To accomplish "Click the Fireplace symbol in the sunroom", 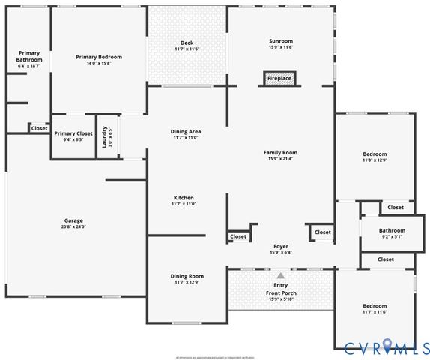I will click(x=280, y=77).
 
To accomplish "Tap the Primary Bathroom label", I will click(x=30, y=56).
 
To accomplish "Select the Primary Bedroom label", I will click(x=99, y=57).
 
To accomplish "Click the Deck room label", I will click(x=187, y=43).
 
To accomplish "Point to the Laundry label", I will click(x=105, y=136).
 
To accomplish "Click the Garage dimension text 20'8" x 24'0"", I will click(x=73, y=227).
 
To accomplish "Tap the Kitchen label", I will click(x=184, y=198).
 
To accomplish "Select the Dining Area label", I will click(x=186, y=131).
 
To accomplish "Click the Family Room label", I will click(x=281, y=152).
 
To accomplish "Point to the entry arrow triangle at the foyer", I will click(x=281, y=276).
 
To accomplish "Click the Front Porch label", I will click(x=281, y=293).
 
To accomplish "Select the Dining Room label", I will click(x=187, y=275).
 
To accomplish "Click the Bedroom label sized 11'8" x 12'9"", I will click(x=375, y=154).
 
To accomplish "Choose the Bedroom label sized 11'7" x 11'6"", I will click(x=375, y=306).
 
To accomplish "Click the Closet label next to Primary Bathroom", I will click(x=39, y=128).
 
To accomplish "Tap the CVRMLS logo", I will click(x=382, y=346).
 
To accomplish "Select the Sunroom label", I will click(x=281, y=40).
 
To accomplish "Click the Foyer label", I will click(x=281, y=246).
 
